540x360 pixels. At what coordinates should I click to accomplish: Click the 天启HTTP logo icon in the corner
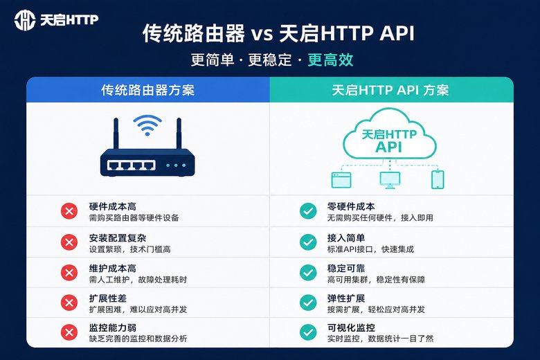coord(25,20)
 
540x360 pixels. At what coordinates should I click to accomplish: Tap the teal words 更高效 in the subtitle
coord(330,60)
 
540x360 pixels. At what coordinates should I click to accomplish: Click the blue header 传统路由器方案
coord(147,90)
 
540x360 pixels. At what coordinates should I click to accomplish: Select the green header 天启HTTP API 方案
coord(390,90)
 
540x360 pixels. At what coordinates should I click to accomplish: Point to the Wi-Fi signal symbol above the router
coord(147,125)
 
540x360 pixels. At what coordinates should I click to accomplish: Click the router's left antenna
coord(116,134)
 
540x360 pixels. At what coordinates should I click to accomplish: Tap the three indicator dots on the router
coord(176,165)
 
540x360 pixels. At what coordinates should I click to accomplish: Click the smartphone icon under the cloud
coord(438,179)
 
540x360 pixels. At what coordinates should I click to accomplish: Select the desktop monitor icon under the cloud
coord(390,180)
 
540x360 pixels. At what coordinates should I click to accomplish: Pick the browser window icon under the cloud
coord(341,180)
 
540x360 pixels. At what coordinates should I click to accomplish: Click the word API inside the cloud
coord(389,147)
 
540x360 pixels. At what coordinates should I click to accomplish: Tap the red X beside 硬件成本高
coord(69,211)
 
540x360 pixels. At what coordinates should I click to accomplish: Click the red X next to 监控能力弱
coord(69,332)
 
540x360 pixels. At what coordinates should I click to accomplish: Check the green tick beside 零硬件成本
coord(308,211)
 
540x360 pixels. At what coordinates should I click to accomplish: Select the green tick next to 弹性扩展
coord(308,303)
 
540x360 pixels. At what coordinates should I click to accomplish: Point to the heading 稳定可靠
coord(346,269)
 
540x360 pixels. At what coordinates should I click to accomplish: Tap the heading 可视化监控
coord(351,327)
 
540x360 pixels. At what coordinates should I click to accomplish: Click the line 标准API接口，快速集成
coord(370,249)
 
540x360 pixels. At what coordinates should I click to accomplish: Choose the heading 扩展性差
coord(108,298)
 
